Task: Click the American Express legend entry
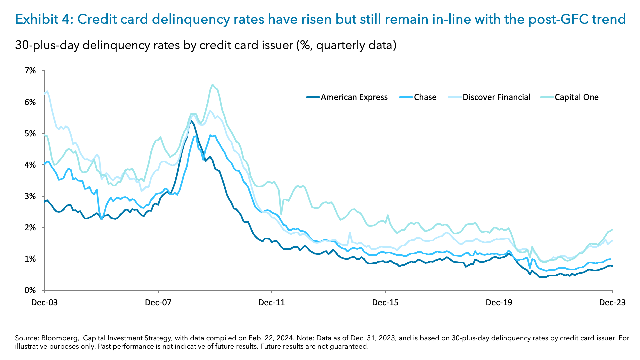coord(354,97)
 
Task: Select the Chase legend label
coord(425,97)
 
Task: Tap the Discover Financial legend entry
coord(496,97)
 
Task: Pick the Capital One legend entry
coord(576,97)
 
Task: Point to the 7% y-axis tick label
coord(30,71)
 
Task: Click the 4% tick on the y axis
coord(30,165)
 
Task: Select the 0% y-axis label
coord(30,290)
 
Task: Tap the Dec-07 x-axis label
coord(158,303)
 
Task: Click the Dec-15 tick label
coord(385,303)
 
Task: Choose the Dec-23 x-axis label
coord(612,303)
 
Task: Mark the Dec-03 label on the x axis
coord(44,303)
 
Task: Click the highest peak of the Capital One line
coord(212,84)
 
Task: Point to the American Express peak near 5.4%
coord(191,121)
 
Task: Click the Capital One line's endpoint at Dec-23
coord(613,229)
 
